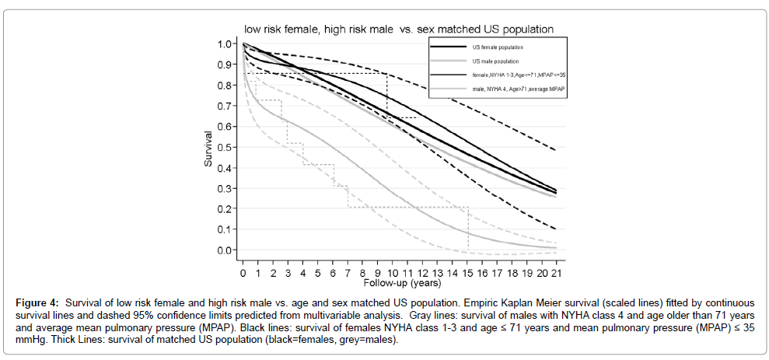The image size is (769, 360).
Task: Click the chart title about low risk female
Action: (399, 30)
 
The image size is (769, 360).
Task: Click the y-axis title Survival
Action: (209, 148)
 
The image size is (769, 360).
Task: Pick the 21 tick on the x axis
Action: (556, 274)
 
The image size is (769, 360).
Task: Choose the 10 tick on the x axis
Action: (392, 274)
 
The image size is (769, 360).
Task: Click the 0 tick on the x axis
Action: (243, 274)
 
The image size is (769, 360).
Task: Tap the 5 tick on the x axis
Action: (318, 274)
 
